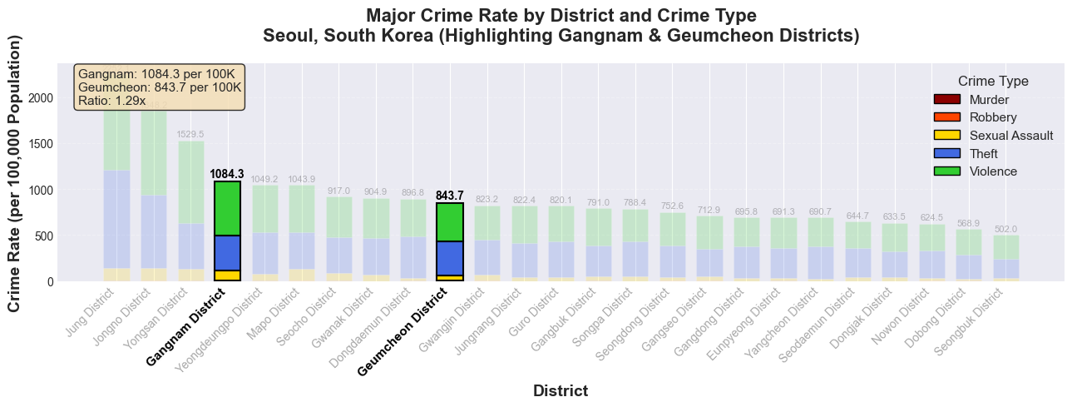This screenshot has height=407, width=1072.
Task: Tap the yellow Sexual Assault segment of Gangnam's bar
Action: pos(227,275)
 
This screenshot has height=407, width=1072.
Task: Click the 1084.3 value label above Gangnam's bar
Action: pos(227,174)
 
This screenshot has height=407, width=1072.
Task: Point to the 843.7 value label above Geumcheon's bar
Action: pos(450,196)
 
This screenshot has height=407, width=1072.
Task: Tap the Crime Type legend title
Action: pos(993,82)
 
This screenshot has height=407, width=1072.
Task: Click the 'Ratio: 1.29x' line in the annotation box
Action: pos(111,101)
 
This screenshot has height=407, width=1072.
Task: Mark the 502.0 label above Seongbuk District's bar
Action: pos(1005,229)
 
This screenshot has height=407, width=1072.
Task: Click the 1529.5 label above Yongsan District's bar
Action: pos(190,134)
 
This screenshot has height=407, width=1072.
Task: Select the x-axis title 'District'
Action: pos(561,390)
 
